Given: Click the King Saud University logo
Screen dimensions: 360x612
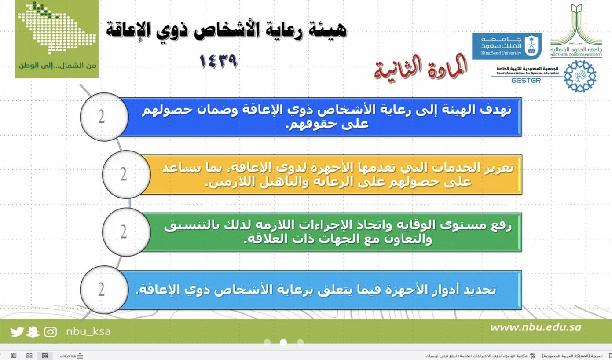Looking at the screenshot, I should (506, 46).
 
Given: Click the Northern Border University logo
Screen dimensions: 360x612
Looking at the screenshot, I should (577, 31).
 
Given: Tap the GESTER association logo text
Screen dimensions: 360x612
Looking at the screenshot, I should (526, 80).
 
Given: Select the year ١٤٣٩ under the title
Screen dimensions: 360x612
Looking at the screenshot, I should (219, 62).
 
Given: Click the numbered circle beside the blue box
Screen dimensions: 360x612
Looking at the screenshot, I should (104, 117).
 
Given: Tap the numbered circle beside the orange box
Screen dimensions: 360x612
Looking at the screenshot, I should (126, 174).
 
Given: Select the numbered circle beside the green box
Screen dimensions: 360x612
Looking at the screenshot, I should (126, 232).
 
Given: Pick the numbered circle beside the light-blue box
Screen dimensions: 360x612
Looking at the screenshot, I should (104, 290).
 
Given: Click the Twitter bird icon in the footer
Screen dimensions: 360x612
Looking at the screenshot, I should (17, 331).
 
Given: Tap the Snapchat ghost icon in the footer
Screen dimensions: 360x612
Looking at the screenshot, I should (33, 331).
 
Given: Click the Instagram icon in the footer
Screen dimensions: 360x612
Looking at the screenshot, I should (50, 331).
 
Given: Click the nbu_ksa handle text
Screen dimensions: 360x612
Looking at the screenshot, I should (88, 331).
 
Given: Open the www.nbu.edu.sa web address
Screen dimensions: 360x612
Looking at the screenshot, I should (535, 327).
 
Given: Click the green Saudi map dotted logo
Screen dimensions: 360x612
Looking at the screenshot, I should (57, 29).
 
